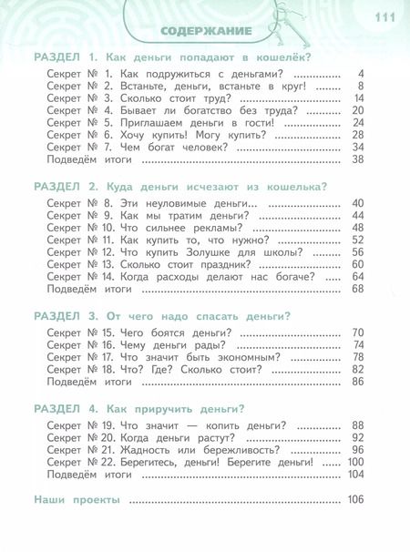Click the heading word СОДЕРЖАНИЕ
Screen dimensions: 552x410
click(x=206, y=33)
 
